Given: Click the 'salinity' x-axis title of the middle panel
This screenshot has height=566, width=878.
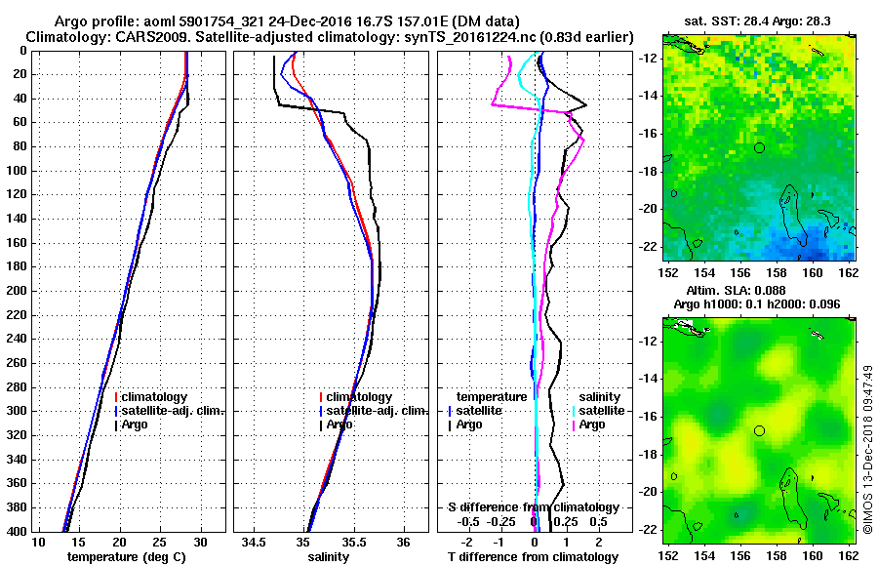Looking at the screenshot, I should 327,556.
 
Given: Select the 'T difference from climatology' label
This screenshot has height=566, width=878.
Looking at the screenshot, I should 533,556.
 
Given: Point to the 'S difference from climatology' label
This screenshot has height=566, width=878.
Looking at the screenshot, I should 534,507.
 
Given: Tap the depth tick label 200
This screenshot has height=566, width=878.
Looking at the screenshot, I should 19,291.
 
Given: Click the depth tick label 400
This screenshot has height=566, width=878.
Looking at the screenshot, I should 19,531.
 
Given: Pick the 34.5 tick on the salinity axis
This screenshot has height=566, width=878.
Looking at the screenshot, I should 256,542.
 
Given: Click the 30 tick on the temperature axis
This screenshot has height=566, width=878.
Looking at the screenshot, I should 200,542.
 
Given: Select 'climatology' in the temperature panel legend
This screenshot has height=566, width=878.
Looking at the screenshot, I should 155,397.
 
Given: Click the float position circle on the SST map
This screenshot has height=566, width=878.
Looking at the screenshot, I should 759,147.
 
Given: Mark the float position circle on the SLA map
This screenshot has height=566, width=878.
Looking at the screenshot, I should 759,430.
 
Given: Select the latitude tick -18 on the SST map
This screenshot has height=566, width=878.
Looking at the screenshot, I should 649,171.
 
